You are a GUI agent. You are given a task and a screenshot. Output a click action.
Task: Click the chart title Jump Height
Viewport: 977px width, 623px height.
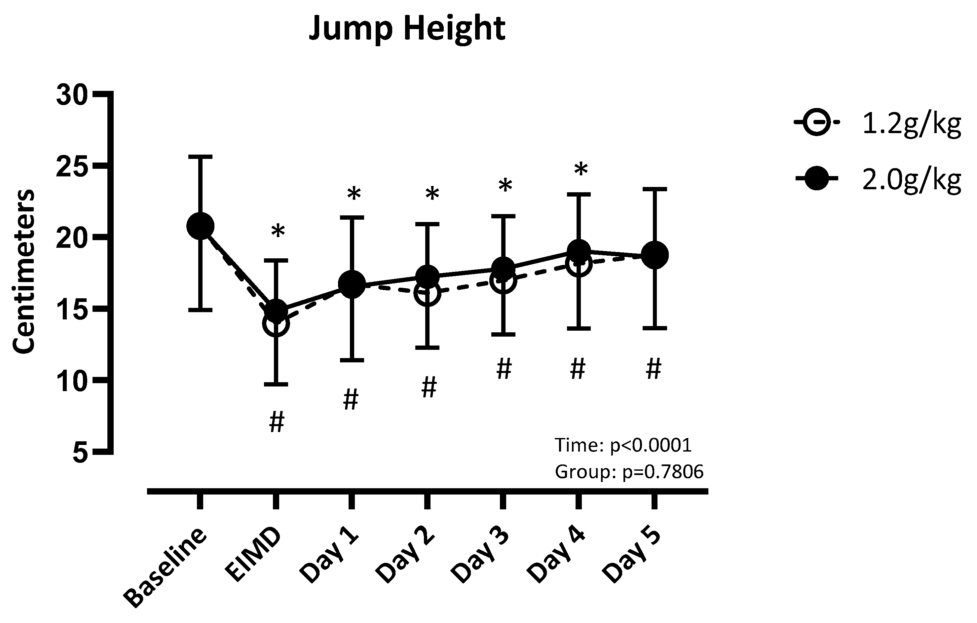pyautogui.click(x=407, y=29)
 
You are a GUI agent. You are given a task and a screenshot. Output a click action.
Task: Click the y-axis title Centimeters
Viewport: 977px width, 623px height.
pyautogui.click(x=23, y=272)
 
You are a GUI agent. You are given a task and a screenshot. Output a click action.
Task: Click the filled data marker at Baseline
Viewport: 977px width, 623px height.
pyautogui.click(x=200, y=226)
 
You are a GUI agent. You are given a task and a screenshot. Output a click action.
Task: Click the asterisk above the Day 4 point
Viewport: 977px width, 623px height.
pyautogui.click(x=581, y=169)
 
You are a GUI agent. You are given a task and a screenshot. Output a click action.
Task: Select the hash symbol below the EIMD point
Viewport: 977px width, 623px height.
pyautogui.click(x=277, y=422)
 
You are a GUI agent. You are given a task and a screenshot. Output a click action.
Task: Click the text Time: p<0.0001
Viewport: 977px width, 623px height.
pyautogui.click(x=623, y=445)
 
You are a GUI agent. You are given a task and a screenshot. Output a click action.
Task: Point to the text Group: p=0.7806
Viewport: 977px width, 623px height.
pyautogui.click(x=629, y=472)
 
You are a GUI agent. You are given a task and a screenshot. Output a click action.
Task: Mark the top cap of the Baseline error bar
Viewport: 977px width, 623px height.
pyautogui.click(x=200, y=156)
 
